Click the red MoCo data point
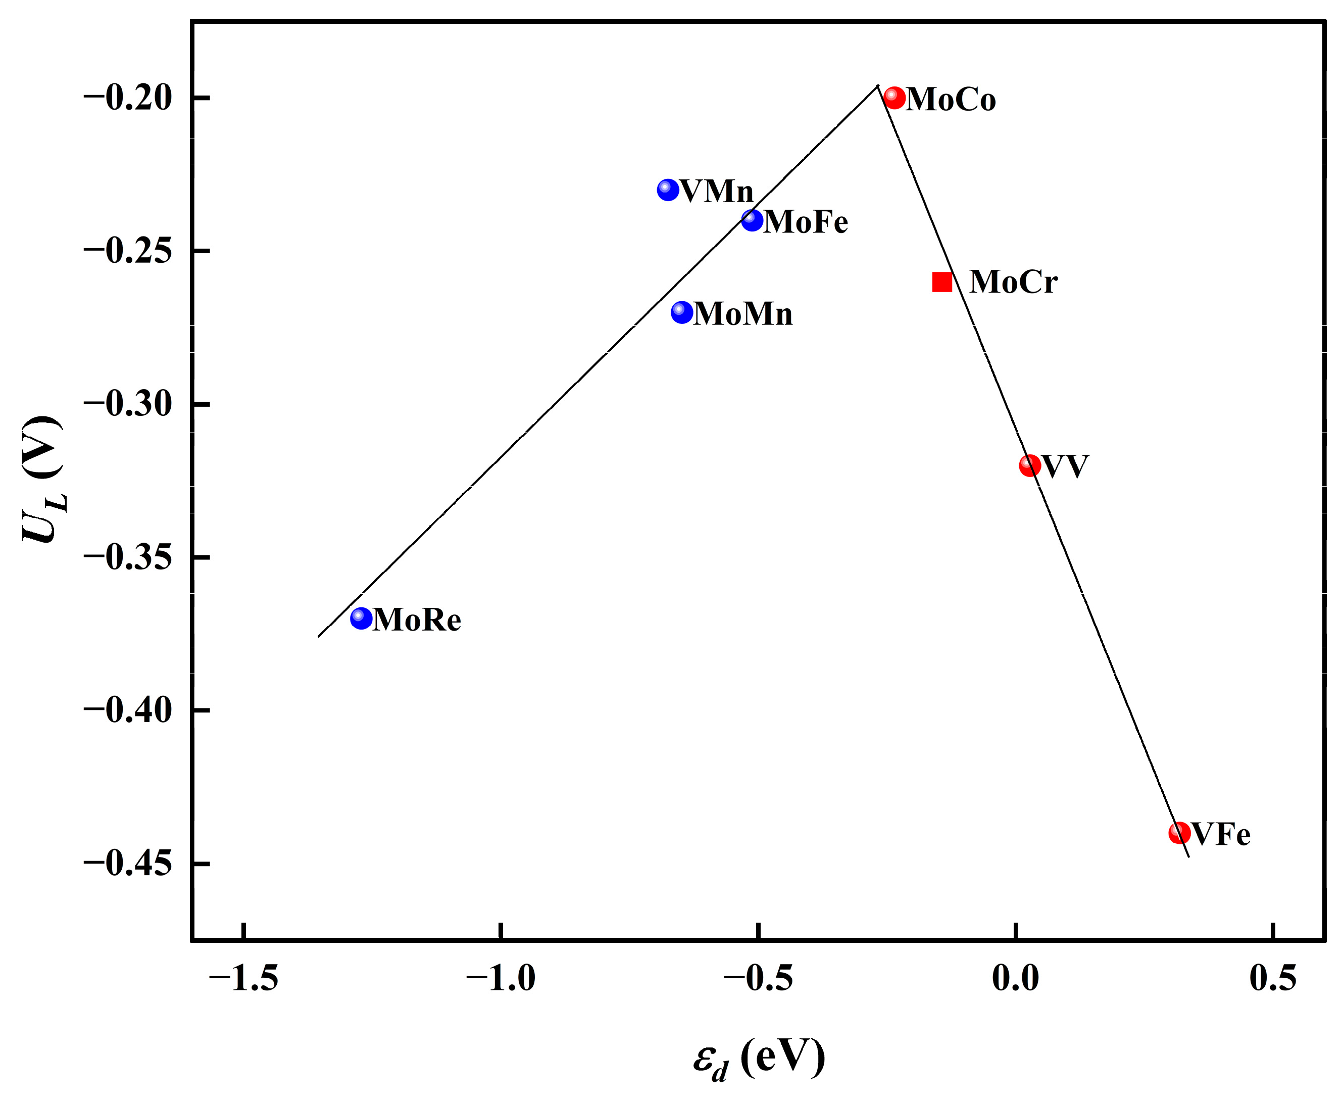[x=893, y=98]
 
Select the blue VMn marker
[x=668, y=189]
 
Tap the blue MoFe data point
[x=752, y=220]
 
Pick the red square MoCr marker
[x=942, y=282]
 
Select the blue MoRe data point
[x=361, y=618]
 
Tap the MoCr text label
[x=1013, y=282]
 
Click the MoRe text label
[x=417, y=620]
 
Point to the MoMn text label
[x=742, y=314]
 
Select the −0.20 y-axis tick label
[x=128, y=99]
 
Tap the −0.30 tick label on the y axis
[x=128, y=405]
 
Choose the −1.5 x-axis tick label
[x=243, y=979]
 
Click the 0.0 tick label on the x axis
[x=1015, y=979]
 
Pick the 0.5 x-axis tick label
[x=1273, y=979]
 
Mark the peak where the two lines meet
[x=878, y=86]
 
